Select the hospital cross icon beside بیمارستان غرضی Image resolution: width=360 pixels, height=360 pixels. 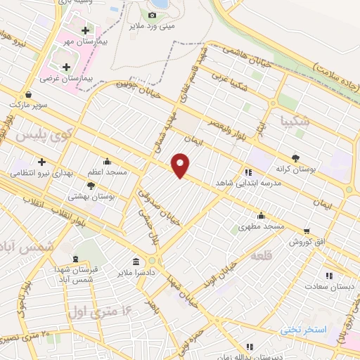tap(67, 67)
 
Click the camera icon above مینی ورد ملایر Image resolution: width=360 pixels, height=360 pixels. tap(152, 15)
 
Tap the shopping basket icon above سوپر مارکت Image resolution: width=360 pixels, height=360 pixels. tap(27, 94)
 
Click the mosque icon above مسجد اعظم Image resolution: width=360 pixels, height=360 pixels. tap(107, 161)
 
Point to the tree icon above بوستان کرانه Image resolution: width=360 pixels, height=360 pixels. tap(295, 158)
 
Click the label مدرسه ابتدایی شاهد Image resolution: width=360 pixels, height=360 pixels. tap(250, 181)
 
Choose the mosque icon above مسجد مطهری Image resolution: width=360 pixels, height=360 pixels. tap(261, 215)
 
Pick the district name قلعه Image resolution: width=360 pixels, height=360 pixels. tap(262, 256)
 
